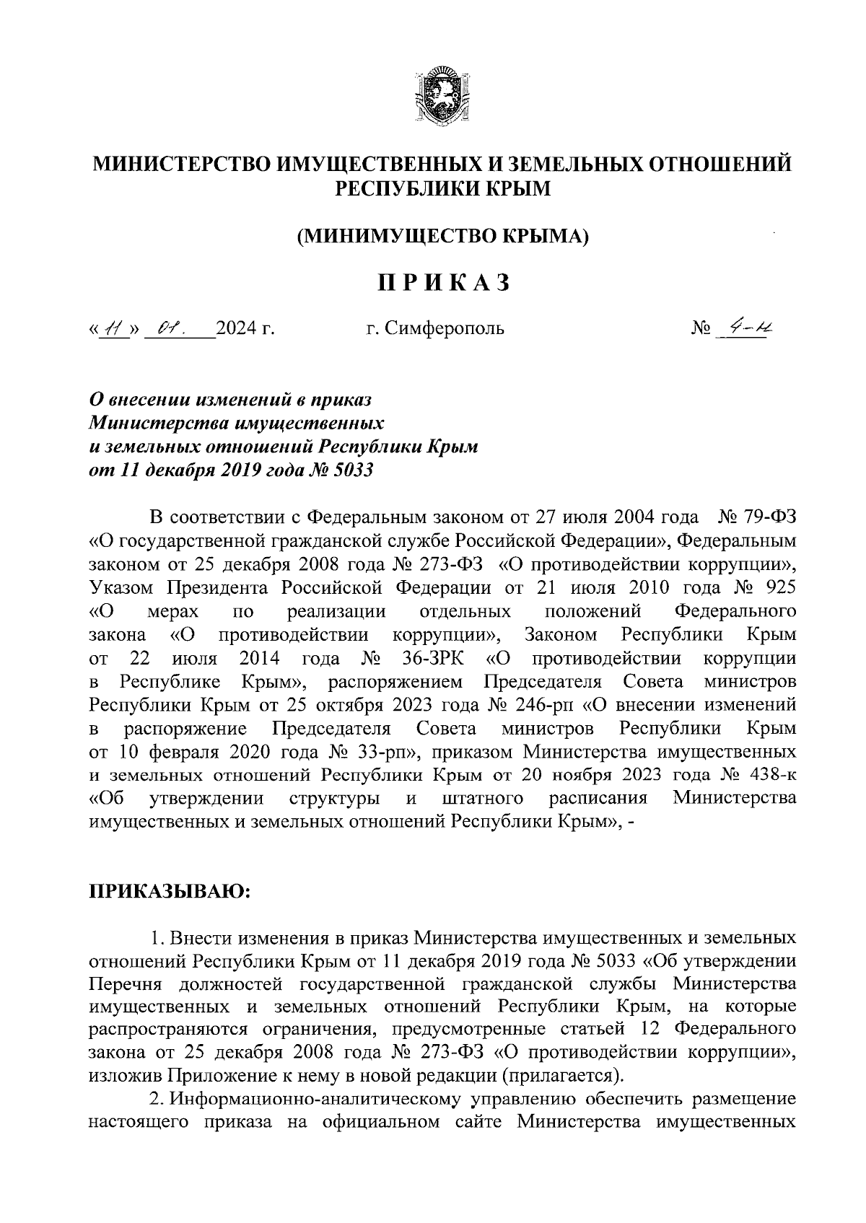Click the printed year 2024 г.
click(x=245, y=329)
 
